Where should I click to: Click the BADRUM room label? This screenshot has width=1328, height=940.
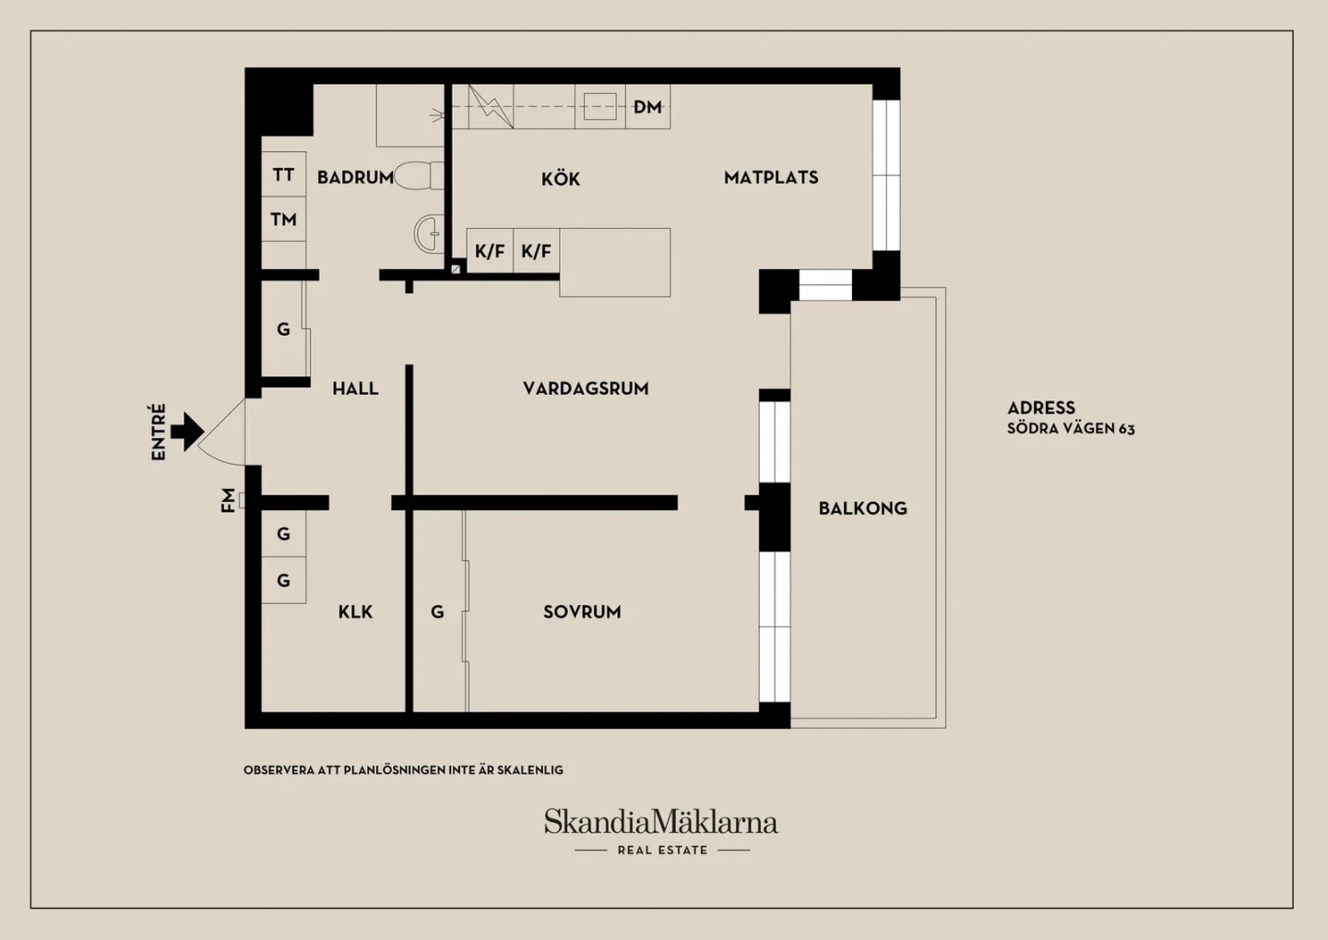(x=355, y=177)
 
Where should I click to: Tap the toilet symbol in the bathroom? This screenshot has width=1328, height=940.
(x=419, y=175)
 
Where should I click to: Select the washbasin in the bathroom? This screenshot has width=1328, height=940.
(x=429, y=233)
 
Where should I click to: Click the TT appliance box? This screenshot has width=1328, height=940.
(x=283, y=174)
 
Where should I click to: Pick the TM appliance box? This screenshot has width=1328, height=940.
(x=283, y=219)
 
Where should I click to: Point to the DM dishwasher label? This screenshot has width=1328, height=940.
(x=647, y=107)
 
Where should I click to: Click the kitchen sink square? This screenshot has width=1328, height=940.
(x=600, y=107)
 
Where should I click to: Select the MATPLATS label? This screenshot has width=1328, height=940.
(x=771, y=177)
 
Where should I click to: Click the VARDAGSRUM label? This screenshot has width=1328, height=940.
(x=586, y=388)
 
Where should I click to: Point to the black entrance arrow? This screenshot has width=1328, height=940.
(x=187, y=431)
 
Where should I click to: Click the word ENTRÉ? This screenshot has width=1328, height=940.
(x=159, y=432)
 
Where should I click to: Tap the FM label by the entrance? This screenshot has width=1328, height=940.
(x=228, y=500)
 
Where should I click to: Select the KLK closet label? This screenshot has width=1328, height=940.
(x=355, y=612)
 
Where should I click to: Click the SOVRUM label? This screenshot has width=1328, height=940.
(x=582, y=612)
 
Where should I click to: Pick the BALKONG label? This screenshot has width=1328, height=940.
(x=862, y=508)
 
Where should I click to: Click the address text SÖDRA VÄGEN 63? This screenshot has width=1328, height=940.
(x=1071, y=428)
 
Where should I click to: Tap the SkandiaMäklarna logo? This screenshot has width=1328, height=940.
(x=661, y=822)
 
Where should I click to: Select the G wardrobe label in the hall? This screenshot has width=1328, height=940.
(x=283, y=328)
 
